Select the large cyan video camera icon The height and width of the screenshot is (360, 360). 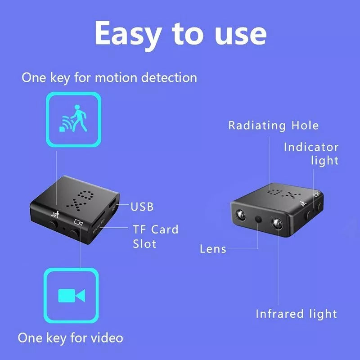(71, 296)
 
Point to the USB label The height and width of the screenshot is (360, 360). (142, 207)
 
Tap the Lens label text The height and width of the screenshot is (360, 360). (213, 249)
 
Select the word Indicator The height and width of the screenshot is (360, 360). (311, 147)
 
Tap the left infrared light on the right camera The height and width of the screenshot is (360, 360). (240, 213)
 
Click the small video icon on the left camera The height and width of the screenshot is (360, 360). (79, 222)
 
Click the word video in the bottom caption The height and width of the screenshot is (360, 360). (106, 337)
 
